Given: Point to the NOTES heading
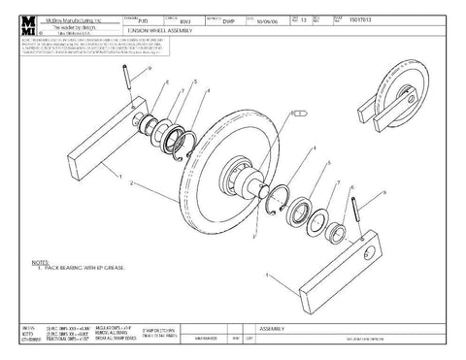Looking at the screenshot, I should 40,261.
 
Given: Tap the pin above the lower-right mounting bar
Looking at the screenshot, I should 362,212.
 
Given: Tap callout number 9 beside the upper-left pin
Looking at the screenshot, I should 150,71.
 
